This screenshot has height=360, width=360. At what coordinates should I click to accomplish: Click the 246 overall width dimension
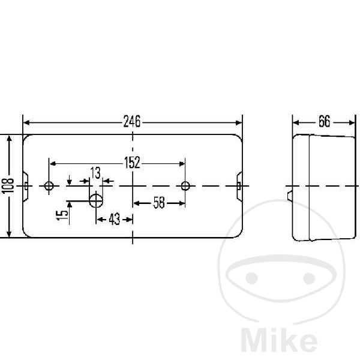132,121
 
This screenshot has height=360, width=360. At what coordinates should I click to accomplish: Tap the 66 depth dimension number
324,121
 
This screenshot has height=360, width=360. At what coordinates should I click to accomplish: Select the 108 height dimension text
8,185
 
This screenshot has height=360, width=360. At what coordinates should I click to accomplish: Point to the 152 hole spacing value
132,163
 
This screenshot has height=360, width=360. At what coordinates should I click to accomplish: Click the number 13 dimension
95,173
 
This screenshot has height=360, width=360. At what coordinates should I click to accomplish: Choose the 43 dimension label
115,219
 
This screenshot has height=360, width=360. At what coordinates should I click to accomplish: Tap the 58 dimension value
159,203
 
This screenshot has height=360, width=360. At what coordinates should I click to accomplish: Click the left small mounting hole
49,185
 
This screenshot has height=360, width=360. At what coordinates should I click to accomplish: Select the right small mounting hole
185,185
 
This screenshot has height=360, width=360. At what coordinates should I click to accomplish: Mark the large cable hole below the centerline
96,200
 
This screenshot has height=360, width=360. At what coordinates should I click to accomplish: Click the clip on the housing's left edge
26,186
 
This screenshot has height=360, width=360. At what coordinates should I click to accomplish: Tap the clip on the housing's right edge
239,186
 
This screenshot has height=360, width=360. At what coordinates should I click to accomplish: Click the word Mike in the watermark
279,343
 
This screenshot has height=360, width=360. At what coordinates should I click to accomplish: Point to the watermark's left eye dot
251,278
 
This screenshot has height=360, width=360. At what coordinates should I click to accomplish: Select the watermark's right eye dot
309,278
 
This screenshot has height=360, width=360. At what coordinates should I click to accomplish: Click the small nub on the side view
290,196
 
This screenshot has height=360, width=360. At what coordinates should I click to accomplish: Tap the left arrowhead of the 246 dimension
26,122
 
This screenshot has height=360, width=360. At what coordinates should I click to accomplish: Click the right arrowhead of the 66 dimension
352,123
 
